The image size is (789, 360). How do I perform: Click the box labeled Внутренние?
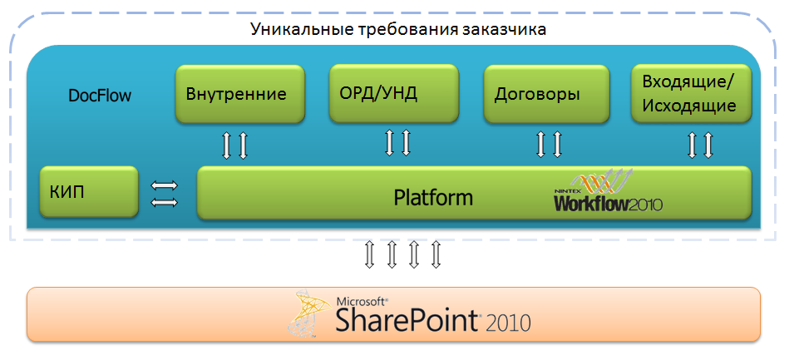click(x=236, y=94)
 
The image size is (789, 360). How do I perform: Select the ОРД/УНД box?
click(x=394, y=92)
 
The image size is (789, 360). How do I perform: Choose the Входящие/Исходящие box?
click(x=690, y=93)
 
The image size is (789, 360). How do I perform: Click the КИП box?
click(x=89, y=192)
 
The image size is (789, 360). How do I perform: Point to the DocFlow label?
click(x=100, y=95)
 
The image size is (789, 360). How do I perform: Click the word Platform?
click(x=433, y=198)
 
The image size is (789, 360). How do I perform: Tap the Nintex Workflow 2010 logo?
click(x=609, y=195)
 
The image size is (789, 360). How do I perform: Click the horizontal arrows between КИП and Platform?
click(x=164, y=194)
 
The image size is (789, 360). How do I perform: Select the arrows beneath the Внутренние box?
click(x=234, y=145)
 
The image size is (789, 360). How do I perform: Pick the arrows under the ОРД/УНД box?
click(x=397, y=142)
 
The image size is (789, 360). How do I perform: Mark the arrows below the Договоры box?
click(x=549, y=144)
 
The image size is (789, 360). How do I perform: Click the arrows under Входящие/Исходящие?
click(x=699, y=145)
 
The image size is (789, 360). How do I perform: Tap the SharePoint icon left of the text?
click(x=308, y=315)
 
